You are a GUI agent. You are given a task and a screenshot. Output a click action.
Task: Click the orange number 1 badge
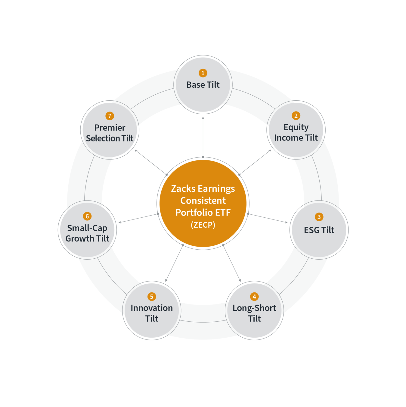(x=203, y=73)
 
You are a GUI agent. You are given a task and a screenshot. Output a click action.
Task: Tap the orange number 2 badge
(x=296, y=116)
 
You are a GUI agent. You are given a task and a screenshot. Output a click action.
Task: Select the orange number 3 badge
(x=319, y=217)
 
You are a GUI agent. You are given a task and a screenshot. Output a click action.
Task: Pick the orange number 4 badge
(x=254, y=297)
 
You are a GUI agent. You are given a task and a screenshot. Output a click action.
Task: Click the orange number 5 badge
(x=152, y=297)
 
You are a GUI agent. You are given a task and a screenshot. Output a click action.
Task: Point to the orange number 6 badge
(x=87, y=216)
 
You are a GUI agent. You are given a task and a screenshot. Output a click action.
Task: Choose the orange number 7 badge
(x=110, y=116)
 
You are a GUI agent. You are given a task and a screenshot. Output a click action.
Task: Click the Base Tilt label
(x=203, y=85)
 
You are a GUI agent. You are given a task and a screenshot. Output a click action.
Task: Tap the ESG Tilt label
(x=319, y=230)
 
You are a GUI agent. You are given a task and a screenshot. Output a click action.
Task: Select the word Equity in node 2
(x=296, y=127)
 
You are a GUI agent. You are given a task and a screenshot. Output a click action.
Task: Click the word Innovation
(x=152, y=308)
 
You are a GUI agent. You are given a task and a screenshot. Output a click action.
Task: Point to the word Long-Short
(x=254, y=308)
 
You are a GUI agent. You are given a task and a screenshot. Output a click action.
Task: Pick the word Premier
(x=110, y=128)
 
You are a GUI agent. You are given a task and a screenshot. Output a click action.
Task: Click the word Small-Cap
(x=87, y=228)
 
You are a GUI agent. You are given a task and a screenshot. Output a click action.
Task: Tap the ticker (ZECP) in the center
(x=203, y=225)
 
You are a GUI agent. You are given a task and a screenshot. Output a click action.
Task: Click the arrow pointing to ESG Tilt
(x=268, y=218)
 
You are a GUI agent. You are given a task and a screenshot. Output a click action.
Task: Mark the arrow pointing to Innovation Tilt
(x=174, y=263)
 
